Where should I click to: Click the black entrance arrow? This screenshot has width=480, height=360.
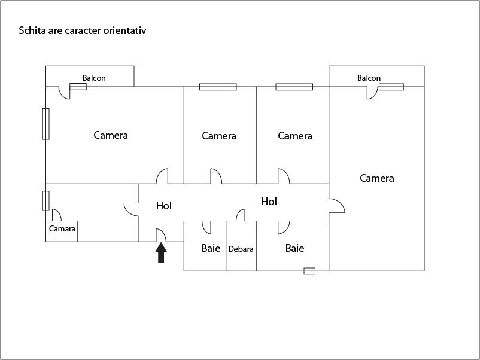[161, 253]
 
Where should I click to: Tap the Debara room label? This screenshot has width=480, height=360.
[241, 249]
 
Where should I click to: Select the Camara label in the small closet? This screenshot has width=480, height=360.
[62, 229]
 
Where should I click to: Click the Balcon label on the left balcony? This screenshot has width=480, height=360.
[94, 78]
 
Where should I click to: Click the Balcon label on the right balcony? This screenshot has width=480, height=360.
[369, 78]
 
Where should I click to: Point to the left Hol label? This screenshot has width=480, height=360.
[164, 206]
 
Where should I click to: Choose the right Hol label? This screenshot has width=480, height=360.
[269, 202]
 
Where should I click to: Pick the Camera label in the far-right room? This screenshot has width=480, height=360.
[377, 178]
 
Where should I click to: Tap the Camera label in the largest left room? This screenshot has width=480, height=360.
[111, 135]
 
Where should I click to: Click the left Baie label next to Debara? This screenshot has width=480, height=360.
[211, 248]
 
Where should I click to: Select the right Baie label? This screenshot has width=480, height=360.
[294, 248]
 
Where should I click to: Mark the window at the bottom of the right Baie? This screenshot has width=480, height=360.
[309, 271]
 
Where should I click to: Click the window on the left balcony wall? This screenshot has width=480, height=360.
[78, 87]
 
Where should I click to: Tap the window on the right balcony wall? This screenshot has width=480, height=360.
[391, 87]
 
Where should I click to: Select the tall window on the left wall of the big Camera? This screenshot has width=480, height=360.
[46, 124]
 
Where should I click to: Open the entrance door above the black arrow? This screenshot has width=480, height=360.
[160, 235]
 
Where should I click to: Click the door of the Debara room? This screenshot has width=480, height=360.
[241, 215]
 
